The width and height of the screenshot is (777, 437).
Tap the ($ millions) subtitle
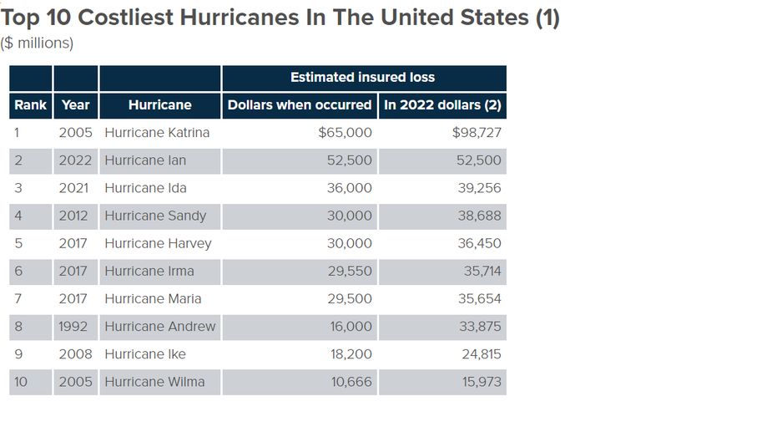38,43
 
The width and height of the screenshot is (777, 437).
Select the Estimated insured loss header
362,77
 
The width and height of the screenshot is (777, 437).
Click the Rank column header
31,104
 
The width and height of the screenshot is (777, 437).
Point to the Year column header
75,104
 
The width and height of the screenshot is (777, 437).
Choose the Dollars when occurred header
300,104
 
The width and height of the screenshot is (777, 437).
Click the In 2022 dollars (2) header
442,104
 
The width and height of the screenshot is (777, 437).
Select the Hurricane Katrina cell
157,133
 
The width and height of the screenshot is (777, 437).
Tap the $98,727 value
477,133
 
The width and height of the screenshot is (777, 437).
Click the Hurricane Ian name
145,160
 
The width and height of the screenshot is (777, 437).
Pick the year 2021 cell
73,188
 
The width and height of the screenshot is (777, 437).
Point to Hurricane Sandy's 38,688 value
479,216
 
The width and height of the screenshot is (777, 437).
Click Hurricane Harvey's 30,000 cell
349,243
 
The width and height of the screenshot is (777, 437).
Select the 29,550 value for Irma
349,271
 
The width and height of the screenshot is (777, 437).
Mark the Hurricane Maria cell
153,298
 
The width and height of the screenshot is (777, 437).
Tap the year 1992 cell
73,326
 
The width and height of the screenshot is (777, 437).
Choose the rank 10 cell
21,382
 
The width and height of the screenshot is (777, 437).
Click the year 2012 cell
73,216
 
